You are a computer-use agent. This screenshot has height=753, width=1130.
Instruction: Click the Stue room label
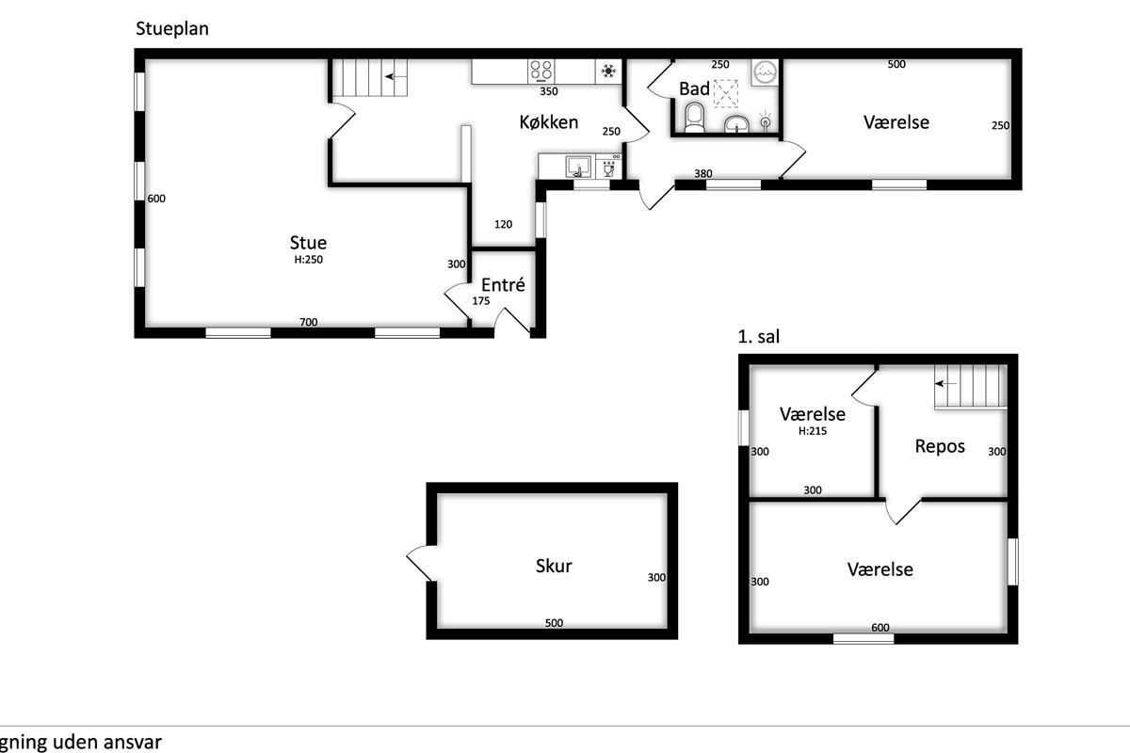[x=308, y=243]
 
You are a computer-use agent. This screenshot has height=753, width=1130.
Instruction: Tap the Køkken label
[x=548, y=121]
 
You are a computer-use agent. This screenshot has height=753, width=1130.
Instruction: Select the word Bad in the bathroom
[x=694, y=88]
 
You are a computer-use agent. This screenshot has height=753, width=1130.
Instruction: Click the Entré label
[x=503, y=284]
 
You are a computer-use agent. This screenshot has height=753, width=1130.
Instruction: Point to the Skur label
[x=554, y=566]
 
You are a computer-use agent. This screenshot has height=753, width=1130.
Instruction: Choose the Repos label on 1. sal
[x=940, y=446]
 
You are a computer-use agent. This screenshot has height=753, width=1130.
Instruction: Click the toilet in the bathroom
[x=694, y=118]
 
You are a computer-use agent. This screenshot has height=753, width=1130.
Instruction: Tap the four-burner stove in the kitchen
[x=541, y=72]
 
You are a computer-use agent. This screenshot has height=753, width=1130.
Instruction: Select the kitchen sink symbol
[x=578, y=167]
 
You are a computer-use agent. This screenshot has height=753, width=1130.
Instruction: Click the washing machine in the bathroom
[x=765, y=72]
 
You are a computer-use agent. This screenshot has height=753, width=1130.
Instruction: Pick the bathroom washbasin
[x=737, y=123]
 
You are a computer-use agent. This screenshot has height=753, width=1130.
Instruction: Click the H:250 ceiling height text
[x=308, y=260]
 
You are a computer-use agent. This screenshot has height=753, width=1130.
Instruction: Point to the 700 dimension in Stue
[x=308, y=322]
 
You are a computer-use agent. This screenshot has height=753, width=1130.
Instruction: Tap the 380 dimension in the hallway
[x=702, y=173]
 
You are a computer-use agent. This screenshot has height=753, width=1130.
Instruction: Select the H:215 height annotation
[x=812, y=431]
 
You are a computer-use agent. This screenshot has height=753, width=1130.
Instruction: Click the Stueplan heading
[x=172, y=29]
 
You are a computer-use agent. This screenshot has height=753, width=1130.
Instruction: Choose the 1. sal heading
[x=759, y=336]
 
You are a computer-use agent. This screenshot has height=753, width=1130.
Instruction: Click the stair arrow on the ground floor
[x=396, y=76]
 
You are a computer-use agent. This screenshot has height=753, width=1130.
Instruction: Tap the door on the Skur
[x=419, y=563]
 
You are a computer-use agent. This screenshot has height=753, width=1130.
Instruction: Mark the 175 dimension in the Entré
[x=481, y=301]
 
